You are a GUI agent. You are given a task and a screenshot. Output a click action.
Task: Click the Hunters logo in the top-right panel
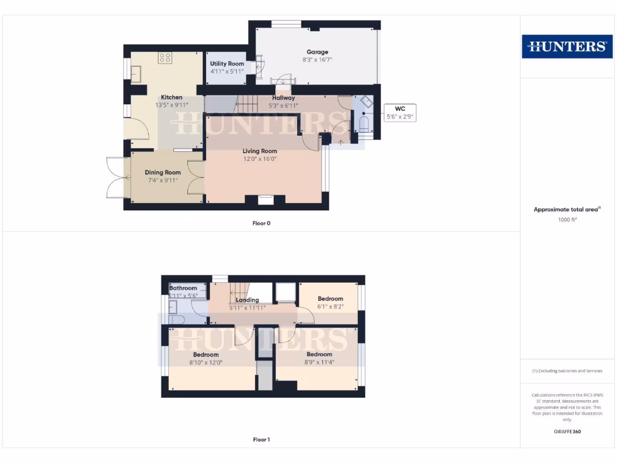click(x=567, y=46)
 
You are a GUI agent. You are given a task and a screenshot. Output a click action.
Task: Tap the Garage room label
click(x=317, y=52)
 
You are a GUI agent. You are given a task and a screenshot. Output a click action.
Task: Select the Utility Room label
click(x=227, y=64)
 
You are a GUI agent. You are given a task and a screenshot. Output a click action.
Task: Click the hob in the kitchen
click(x=165, y=58)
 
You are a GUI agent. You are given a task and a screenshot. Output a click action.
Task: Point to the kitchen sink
click(x=136, y=72)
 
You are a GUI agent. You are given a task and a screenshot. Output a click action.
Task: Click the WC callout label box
click(x=400, y=112)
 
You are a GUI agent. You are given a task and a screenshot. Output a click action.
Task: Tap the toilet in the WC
click(x=363, y=124)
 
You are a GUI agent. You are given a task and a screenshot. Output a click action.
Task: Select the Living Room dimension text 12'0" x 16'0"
click(x=260, y=159)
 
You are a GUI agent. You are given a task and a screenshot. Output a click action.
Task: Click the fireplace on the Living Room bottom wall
click(x=265, y=200)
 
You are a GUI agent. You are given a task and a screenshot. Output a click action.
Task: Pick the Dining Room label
click(x=163, y=172)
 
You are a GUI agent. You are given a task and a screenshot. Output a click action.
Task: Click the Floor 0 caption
click(x=262, y=224)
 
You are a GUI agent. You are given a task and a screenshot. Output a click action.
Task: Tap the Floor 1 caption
click(x=262, y=440)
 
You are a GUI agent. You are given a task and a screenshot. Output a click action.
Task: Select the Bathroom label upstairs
click(x=183, y=288)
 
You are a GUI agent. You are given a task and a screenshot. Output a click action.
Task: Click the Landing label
click(x=248, y=300)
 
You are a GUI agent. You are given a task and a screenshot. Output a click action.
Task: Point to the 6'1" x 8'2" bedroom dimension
click(x=330, y=307)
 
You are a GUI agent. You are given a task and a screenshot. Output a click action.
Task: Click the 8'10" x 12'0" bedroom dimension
click(x=205, y=362)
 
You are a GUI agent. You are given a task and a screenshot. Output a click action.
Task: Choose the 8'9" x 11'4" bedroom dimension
click(x=319, y=362)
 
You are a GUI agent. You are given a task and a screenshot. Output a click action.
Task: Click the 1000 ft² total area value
click(x=567, y=220)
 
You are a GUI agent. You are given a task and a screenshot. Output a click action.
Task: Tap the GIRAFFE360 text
click(x=567, y=432)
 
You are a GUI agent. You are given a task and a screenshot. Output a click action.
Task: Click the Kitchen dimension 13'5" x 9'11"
click(x=172, y=105)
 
